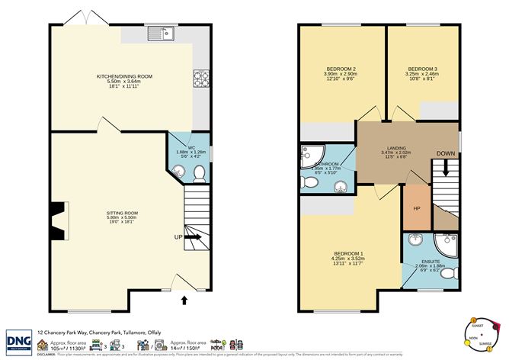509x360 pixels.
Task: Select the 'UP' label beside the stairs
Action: click(178, 237)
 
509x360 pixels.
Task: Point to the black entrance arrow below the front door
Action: click(184, 301)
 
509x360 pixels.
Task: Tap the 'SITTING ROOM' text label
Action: click(122, 213)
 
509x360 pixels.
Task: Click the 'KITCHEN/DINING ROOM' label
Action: click(124, 76)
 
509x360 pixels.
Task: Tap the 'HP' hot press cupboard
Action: click(417, 207)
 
